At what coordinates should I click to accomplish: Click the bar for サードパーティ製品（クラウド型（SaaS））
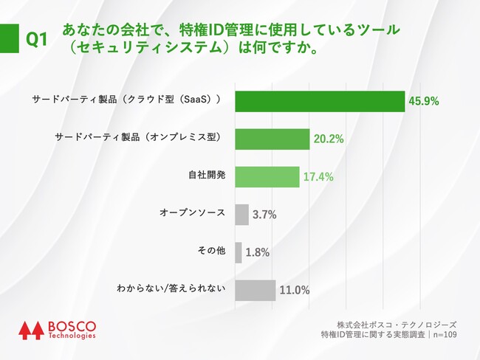pos(320,100)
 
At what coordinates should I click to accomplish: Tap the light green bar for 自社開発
pos(267,176)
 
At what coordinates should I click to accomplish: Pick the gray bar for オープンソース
pos(241,215)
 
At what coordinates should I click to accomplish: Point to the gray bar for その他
pos(238,252)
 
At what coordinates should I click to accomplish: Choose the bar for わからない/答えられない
pos(255,290)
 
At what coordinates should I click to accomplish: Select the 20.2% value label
pos(328,139)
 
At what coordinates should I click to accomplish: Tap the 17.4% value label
pos(318,177)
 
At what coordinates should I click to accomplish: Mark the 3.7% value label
pos(264,215)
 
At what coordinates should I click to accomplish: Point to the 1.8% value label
pos(257,253)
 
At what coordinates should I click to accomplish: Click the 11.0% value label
pos(294,291)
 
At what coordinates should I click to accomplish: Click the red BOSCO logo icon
pos(31,330)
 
